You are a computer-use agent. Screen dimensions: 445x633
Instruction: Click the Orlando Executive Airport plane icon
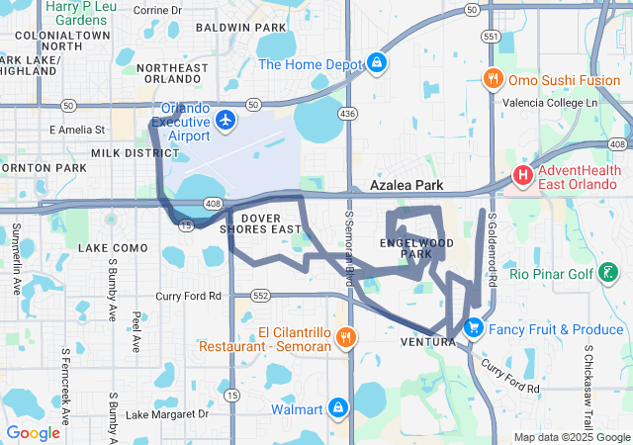(226, 120)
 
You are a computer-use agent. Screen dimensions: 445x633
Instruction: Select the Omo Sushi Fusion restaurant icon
(492, 78)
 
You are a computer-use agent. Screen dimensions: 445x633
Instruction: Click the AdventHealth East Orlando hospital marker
(522, 175)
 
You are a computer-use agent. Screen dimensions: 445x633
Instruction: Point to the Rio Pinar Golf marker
(605, 273)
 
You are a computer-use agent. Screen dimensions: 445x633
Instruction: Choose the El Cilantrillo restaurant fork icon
(345, 337)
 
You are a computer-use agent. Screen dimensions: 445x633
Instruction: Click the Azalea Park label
(406, 185)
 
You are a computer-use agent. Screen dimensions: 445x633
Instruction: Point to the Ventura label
(428, 342)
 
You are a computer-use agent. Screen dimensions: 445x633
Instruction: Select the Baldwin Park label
(233, 27)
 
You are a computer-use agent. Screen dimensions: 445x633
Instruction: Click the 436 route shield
(346, 115)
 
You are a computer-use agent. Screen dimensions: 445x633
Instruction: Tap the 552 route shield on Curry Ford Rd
(260, 296)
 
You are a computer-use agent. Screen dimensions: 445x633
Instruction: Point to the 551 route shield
(489, 35)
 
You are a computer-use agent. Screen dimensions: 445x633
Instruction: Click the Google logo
(33, 432)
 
